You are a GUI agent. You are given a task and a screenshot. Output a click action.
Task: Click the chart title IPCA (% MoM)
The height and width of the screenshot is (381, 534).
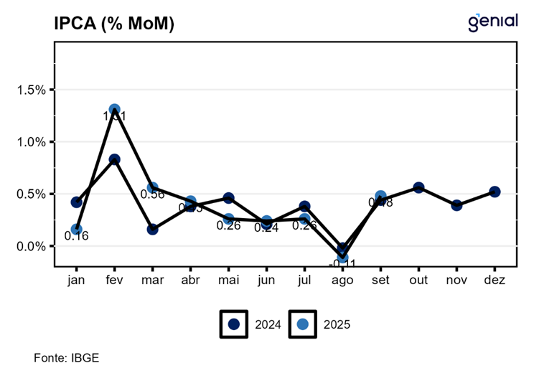pyautogui.click(x=114, y=24)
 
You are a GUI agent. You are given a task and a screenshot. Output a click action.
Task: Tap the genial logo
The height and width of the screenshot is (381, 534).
pyautogui.click(x=492, y=22)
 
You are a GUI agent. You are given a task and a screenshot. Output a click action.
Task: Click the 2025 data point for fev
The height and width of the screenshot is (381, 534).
pyautogui.click(x=114, y=110)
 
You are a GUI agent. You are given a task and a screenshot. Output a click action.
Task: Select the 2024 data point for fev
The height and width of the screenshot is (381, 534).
pyautogui.click(x=114, y=159)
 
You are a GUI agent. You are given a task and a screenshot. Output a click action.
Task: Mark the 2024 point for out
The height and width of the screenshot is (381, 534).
pyautogui.click(x=418, y=188)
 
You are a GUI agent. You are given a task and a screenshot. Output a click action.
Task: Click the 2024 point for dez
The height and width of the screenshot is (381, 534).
pyautogui.click(x=495, y=192)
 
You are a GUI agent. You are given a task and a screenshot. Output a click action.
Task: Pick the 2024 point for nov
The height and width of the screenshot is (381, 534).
pyautogui.click(x=456, y=205)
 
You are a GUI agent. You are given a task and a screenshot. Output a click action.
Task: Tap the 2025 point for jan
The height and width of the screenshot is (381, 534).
pyautogui.click(x=76, y=230)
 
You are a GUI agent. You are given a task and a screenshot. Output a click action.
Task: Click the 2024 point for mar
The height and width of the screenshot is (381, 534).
pyautogui.click(x=152, y=230)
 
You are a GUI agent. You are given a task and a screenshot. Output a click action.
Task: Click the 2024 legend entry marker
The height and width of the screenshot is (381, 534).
pyautogui.click(x=233, y=324)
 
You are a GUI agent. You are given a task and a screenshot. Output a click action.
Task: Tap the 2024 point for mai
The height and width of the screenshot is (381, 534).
pyautogui.click(x=228, y=198)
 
